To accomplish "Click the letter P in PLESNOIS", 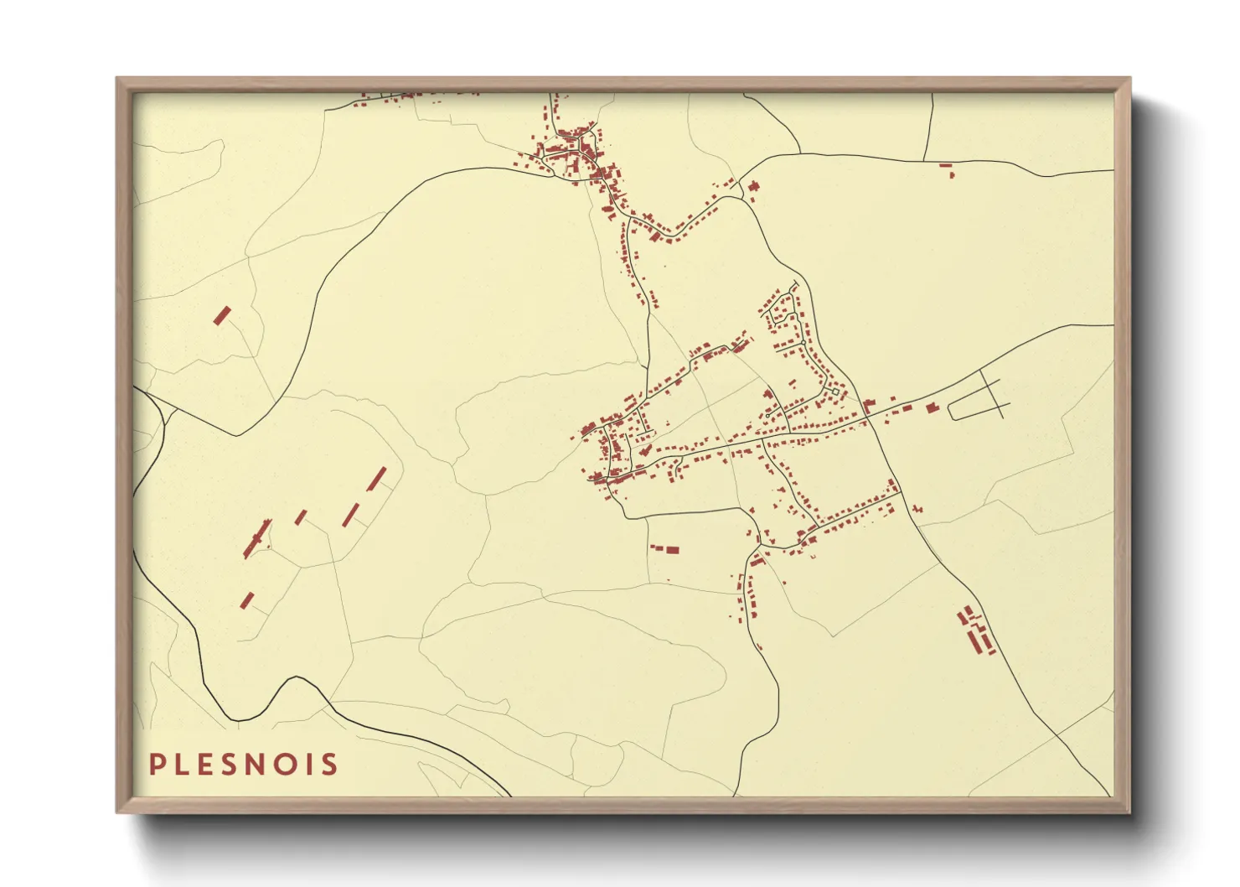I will point(157,764).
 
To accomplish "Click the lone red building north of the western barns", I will point(222,315).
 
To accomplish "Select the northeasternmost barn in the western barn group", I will point(378,478).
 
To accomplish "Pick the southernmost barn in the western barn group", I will point(248,599).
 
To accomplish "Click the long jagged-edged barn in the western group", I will point(256,537).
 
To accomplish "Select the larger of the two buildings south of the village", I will point(671,550).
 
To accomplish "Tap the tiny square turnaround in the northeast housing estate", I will point(835,392).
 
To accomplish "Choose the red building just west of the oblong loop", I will point(932,407).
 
